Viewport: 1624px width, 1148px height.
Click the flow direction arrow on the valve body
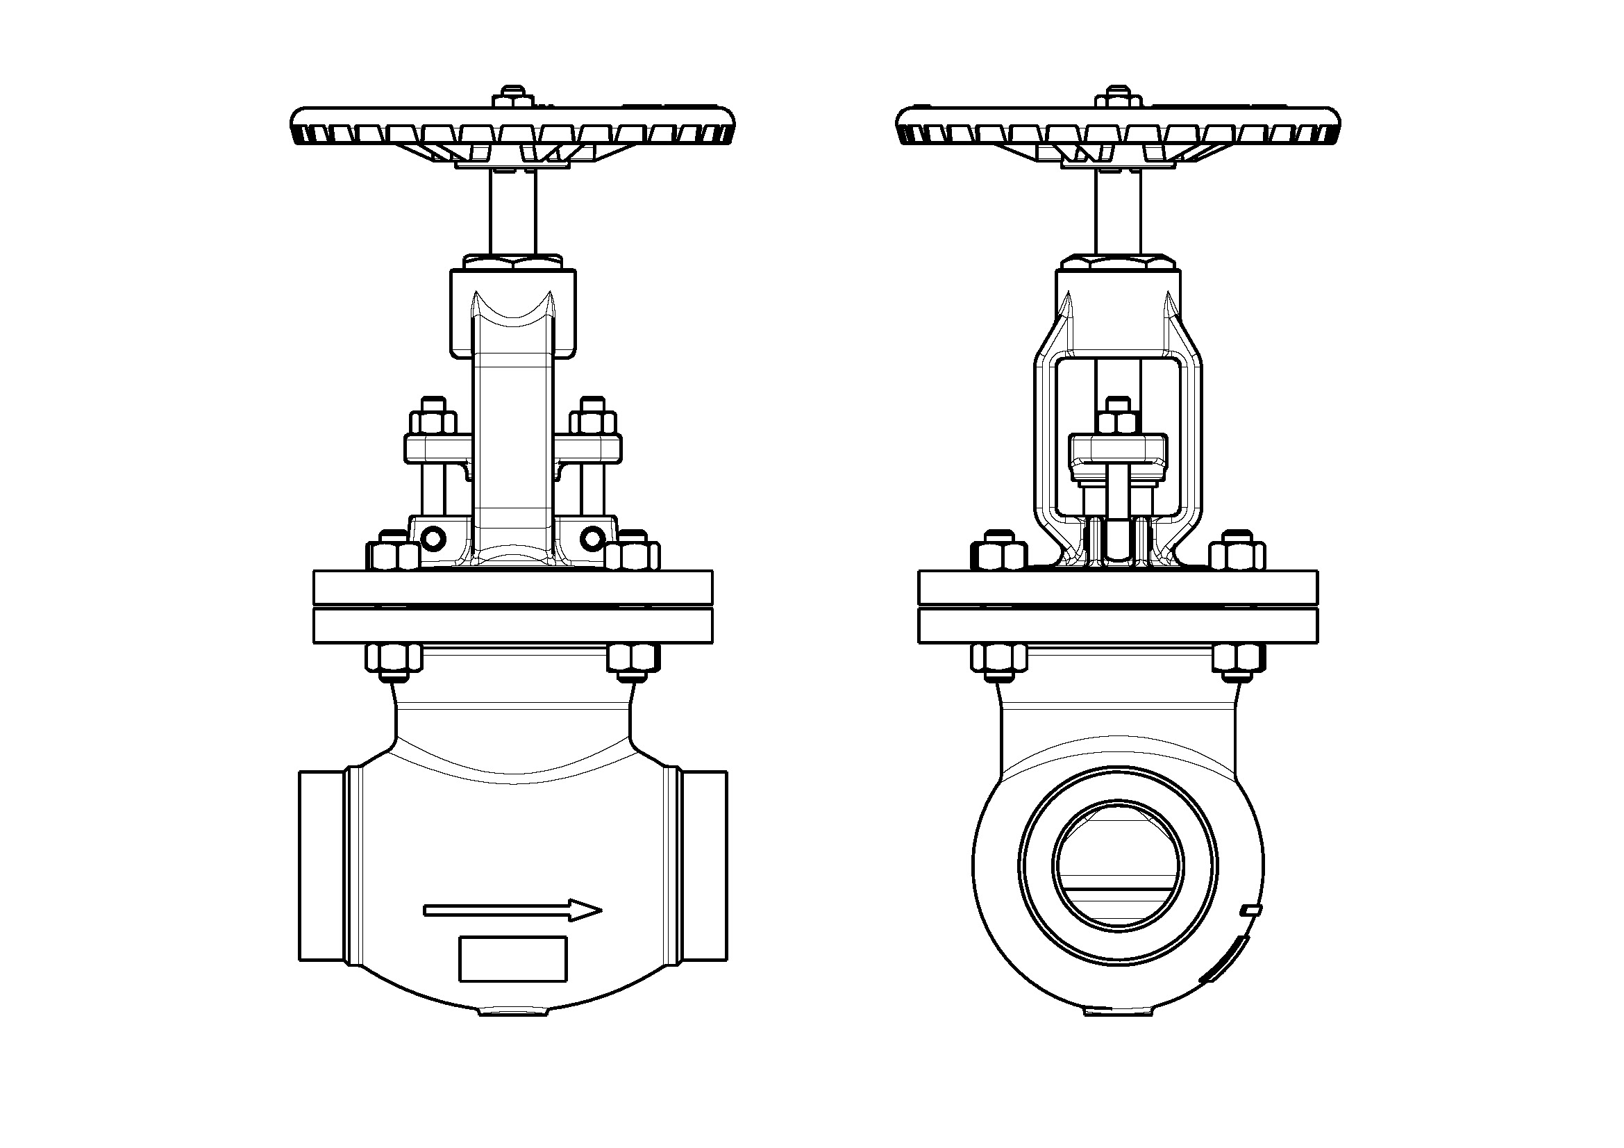click(513, 910)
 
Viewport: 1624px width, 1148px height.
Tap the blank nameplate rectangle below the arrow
click(513, 958)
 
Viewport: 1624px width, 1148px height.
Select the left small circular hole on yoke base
click(432, 540)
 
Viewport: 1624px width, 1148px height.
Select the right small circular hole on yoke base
click(593, 540)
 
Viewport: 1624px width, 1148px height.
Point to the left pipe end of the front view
click(322, 866)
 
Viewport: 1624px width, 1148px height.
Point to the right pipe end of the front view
click(705, 866)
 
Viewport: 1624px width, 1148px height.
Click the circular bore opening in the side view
click(1117, 865)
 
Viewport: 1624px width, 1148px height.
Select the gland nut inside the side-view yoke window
click(1118, 419)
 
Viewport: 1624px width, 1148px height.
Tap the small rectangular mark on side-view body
click(1251, 910)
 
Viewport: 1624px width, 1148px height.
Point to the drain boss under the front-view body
click(513, 1011)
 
